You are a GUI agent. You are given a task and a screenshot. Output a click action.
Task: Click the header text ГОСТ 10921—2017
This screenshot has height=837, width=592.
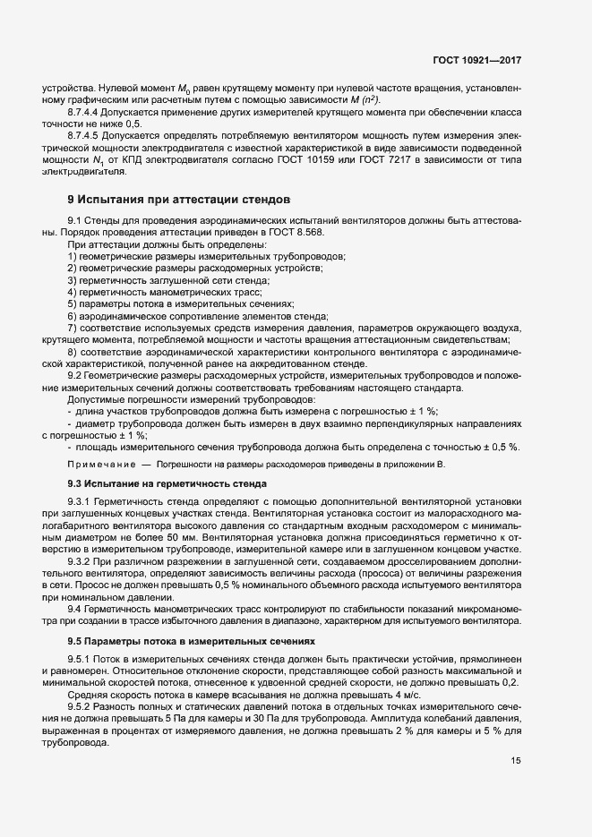tap(476, 60)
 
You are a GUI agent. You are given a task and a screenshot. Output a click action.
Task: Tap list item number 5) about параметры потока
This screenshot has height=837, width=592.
tap(73, 303)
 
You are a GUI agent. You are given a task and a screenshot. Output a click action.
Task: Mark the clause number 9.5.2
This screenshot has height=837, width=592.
tap(82, 708)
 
